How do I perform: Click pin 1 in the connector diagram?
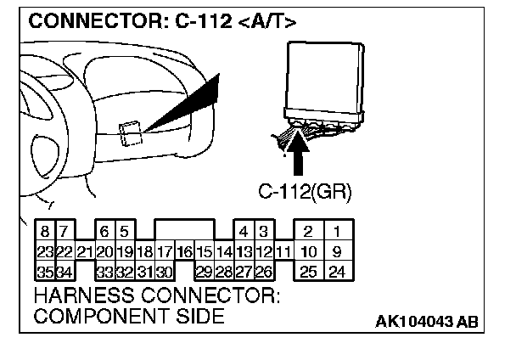[336, 231]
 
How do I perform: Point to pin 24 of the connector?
[336, 272]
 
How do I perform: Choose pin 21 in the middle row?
[84, 251]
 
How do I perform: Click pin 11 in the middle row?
[283, 251]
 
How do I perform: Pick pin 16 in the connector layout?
[184, 251]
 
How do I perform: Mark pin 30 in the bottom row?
[164, 272]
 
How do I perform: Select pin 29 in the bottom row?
[204, 272]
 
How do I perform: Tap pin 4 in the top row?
[244, 231]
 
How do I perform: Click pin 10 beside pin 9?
[309, 251]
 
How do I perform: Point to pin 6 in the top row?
[104, 231]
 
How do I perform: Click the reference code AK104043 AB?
[426, 321]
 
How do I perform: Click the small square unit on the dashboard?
[131, 132]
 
